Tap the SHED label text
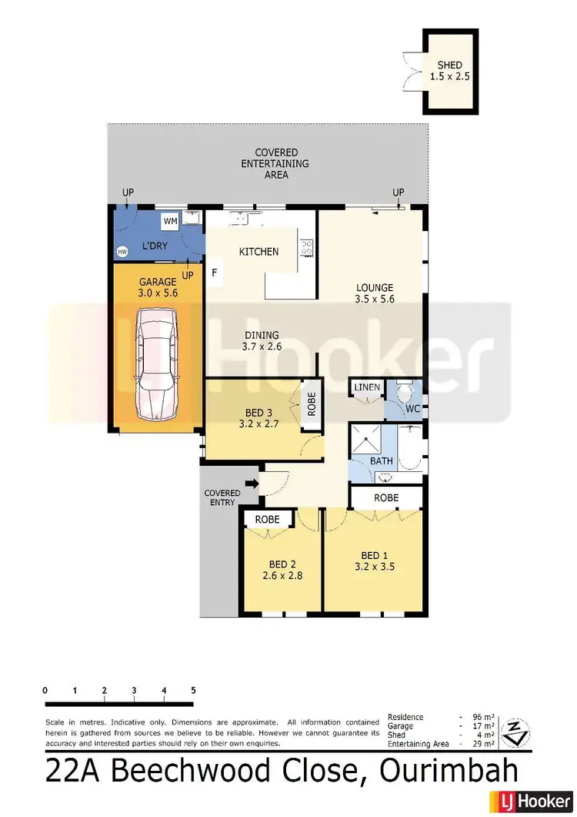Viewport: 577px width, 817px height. tap(450, 65)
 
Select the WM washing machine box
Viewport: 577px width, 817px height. tap(170, 222)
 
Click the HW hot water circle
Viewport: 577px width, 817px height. tap(122, 252)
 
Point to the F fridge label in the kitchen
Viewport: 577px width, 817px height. tap(214, 273)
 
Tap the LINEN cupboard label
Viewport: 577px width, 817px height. tap(367, 387)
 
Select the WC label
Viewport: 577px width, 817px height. tap(412, 409)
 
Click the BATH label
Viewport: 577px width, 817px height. tap(382, 461)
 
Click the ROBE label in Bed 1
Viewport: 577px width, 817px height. tap(386, 498)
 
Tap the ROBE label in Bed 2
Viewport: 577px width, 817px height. tap(267, 519)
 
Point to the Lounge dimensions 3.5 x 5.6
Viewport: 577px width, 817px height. tap(375, 299)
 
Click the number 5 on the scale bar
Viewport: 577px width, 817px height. tap(193, 690)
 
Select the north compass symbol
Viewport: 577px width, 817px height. tap(515, 732)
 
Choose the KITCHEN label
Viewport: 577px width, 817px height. tap(258, 252)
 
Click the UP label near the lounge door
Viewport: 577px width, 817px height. tap(398, 192)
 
